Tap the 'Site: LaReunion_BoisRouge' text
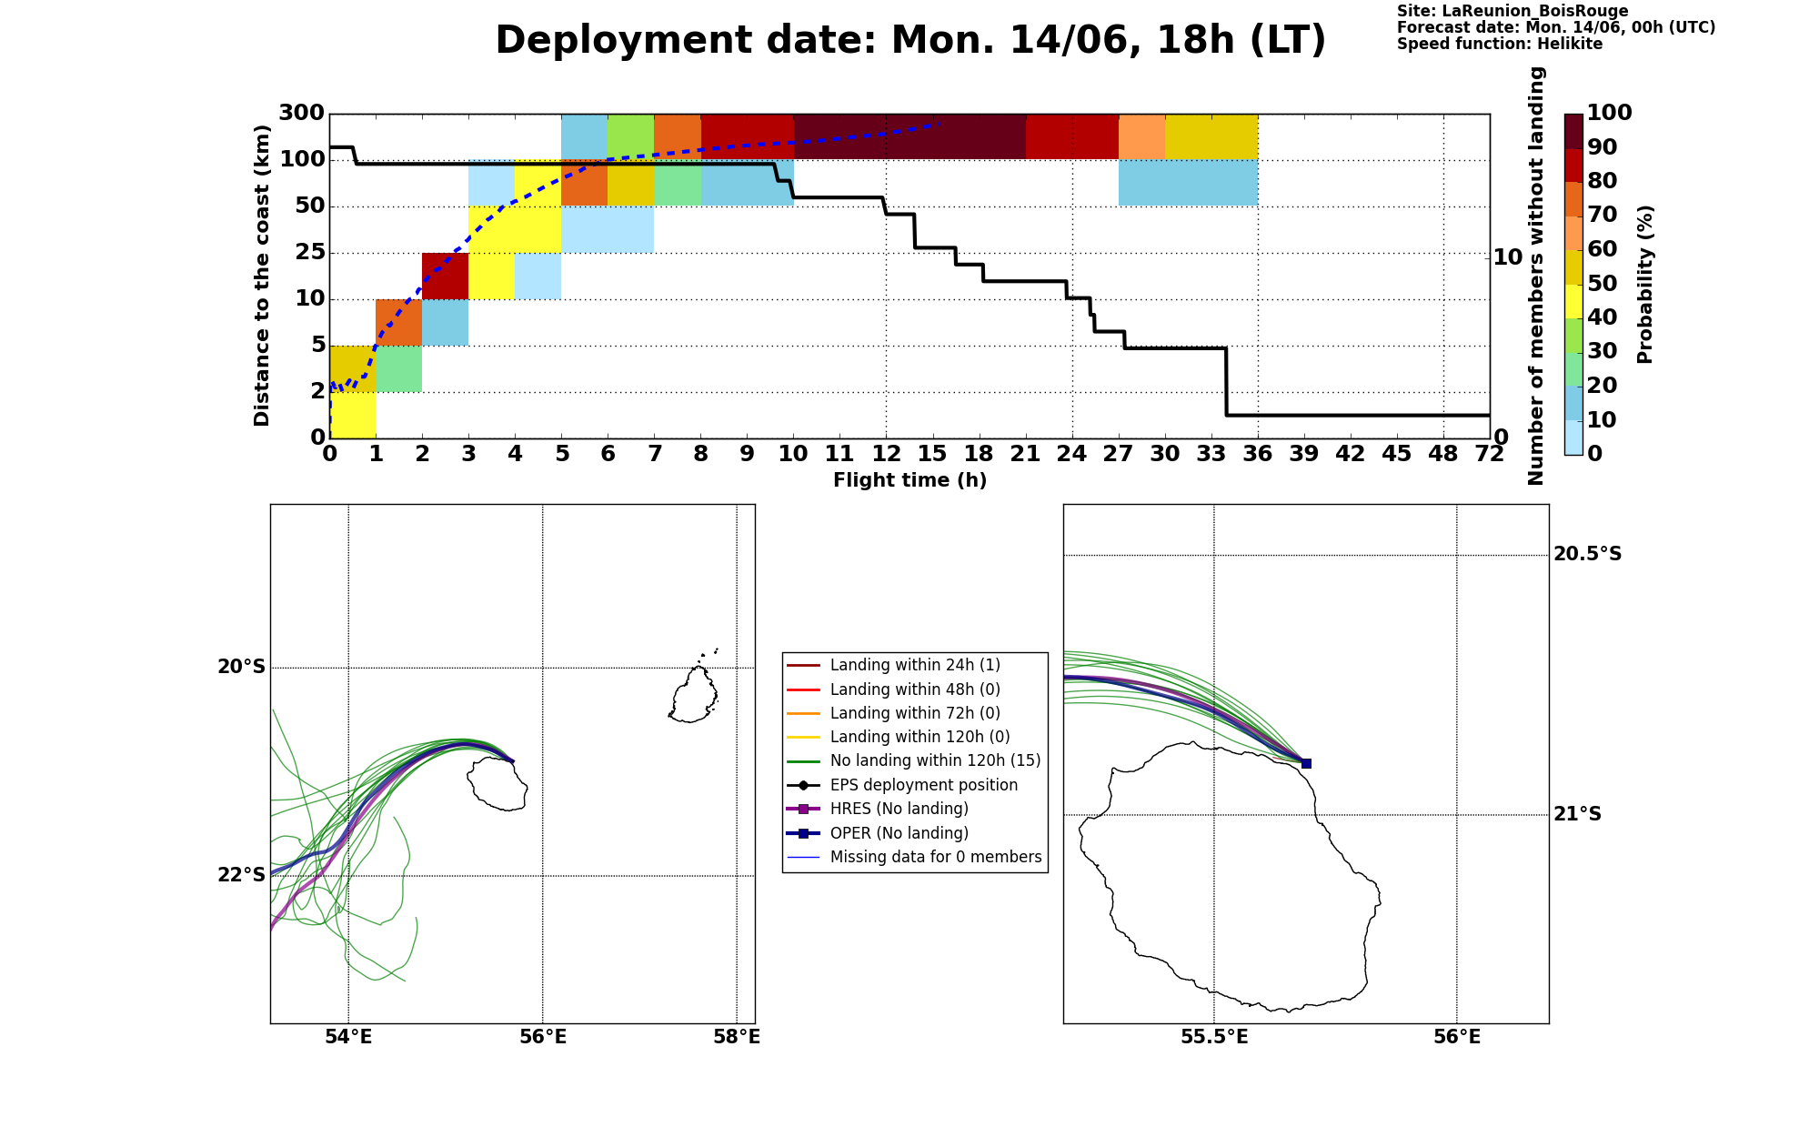coord(1512,12)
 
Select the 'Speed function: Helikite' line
coord(1500,44)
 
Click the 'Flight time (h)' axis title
coord(909,480)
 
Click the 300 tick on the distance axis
coord(301,114)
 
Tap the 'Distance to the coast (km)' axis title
coord(262,276)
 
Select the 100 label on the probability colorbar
coord(1609,113)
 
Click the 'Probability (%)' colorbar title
coord(1644,284)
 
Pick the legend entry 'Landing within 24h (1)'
coord(915,666)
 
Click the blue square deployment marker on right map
coord(1306,763)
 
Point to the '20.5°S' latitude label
coord(1587,554)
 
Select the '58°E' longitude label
coord(737,1037)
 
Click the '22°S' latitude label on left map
coord(241,875)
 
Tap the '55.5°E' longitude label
coord(1214,1037)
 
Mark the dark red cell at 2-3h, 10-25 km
coord(445,277)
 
